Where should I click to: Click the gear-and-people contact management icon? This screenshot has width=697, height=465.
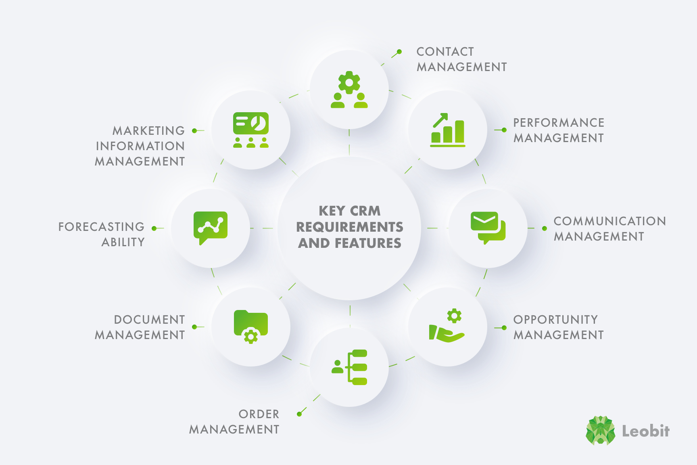349,90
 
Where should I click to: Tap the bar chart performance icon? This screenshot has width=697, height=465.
448,130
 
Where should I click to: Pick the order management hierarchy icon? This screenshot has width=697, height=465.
349,367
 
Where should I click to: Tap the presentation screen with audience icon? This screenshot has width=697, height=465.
251,130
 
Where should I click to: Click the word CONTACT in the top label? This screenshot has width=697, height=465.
445,52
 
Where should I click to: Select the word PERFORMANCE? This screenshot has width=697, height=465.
559,123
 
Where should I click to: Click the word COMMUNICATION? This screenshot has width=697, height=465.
609,221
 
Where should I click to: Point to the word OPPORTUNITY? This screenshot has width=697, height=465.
555,320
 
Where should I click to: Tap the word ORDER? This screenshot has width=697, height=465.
259,414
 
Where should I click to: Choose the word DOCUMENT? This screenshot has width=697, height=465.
149,320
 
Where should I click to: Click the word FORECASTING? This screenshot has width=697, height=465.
101,227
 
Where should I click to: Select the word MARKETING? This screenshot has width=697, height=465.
148,131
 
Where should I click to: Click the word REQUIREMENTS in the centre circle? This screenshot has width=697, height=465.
350,227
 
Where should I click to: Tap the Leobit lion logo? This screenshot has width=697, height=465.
601,431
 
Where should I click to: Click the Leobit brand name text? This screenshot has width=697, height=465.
646,431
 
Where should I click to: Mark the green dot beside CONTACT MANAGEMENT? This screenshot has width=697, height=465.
399,52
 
